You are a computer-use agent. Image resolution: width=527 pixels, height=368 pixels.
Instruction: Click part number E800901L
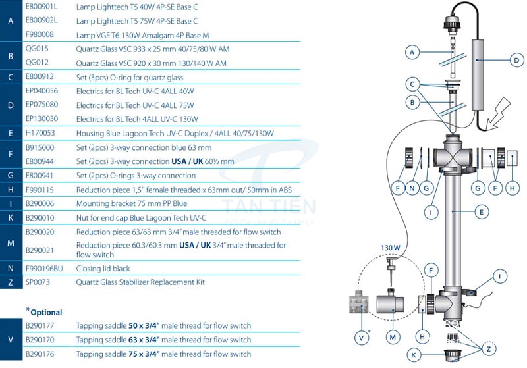(x=41, y=7)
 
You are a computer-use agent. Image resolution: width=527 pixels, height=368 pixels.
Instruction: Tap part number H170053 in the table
(x=41, y=133)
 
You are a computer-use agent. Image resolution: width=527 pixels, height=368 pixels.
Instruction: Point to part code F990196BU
(x=44, y=269)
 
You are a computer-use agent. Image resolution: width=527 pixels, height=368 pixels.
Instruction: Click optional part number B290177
(x=41, y=325)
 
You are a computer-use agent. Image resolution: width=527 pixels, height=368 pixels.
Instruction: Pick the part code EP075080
(x=42, y=105)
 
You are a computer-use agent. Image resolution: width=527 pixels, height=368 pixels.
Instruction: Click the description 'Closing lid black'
(x=103, y=269)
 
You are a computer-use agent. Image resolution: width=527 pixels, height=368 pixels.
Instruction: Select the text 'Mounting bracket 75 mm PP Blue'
(x=131, y=204)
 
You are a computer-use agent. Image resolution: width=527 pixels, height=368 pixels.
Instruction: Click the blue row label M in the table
(x=11, y=244)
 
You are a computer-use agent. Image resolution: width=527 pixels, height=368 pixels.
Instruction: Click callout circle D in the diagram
(x=516, y=60)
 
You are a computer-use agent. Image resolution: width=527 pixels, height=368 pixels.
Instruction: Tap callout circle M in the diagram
(x=393, y=337)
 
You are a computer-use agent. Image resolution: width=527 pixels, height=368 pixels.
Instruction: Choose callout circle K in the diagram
(x=414, y=355)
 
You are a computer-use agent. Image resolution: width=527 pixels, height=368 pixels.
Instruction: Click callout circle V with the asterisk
(x=361, y=338)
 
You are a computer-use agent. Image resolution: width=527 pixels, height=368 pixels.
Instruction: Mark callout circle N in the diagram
(x=412, y=188)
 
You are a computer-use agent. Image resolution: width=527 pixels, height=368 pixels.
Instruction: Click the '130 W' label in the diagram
(x=391, y=248)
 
